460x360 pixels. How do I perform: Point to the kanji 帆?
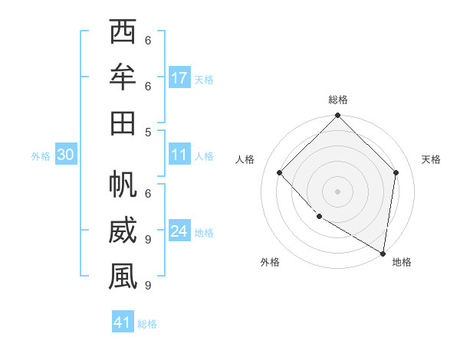click(x=123, y=186)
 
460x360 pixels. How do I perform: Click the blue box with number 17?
click(x=179, y=78)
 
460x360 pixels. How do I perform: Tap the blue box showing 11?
click(x=179, y=155)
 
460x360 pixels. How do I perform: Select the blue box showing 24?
click(x=179, y=231)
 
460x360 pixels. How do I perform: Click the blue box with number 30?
click(x=65, y=155)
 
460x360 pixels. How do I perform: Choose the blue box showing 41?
click(x=123, y=322)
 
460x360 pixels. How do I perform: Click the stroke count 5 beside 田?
click(x=148, y=132)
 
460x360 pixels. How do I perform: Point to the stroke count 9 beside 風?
click(x=148, y=286)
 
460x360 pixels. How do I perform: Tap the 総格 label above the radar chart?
click(x=337, y=100)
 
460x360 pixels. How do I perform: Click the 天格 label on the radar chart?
click(x=431, y=159)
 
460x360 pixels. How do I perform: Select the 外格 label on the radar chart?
click(x=270, y=262)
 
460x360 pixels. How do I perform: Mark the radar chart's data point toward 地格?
click(x=383, y=253)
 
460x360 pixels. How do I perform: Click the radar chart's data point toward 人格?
click(x=280, y=173)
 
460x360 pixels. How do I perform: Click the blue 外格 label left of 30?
click(x=41, y=155)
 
